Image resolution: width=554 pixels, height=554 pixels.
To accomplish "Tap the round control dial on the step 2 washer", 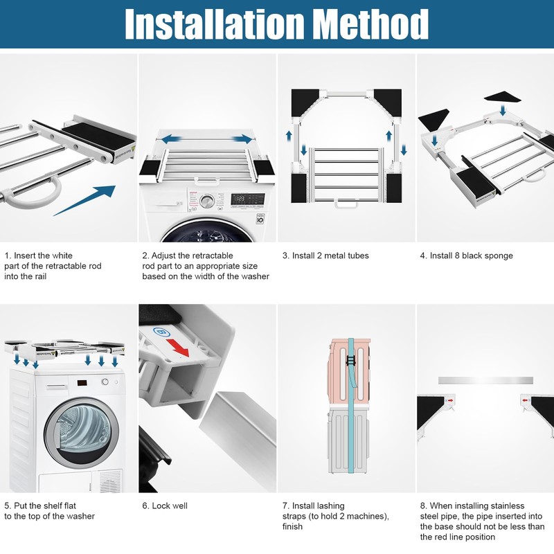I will pos(207,202).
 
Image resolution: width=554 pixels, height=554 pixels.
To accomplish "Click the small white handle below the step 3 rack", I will pos(346,204).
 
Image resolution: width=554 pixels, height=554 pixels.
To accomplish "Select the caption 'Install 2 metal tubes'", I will pos(325,256).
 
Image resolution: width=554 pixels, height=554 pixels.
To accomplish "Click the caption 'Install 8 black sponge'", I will pos(466,256).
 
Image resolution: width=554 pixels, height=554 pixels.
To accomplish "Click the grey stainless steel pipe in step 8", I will pos(485,380).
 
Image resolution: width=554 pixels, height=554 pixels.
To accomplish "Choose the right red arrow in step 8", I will pos(526,400).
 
